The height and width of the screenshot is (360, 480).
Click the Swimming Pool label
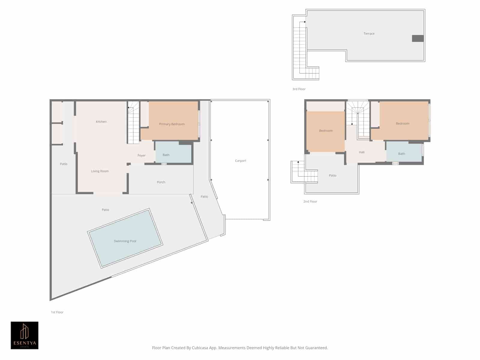[x=125, y=241]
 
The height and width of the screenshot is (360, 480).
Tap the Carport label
[x=240, y=161]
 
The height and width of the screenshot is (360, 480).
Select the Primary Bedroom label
[x=172, y=124]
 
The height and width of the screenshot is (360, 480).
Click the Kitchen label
[x=101, y=121]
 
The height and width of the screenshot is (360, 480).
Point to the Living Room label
[x=100, y=171]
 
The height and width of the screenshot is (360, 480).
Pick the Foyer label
[x=141, y=155]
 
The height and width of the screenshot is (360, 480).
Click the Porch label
[x=161, y=182]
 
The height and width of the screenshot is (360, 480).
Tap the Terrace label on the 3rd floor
[x=369, y=34]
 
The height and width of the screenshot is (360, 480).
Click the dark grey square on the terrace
[x=418, y=38]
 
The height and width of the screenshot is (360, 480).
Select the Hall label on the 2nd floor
[x=361, y=152]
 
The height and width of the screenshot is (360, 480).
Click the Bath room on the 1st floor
[x=173, y=153]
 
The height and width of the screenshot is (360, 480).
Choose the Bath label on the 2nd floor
[x=401, y=154]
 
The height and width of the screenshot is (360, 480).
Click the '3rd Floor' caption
[x=299, y=89]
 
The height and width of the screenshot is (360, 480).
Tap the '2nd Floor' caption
[x=310, y=202]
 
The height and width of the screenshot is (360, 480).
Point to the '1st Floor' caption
[x=57, y=312]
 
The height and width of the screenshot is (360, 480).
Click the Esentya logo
[x=25, y=335]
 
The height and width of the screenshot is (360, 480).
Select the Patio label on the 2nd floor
[x=332, y=175]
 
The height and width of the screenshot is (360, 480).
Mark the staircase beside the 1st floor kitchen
[x=133, y=123]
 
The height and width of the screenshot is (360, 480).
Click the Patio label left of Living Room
[x=64, y=164]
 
